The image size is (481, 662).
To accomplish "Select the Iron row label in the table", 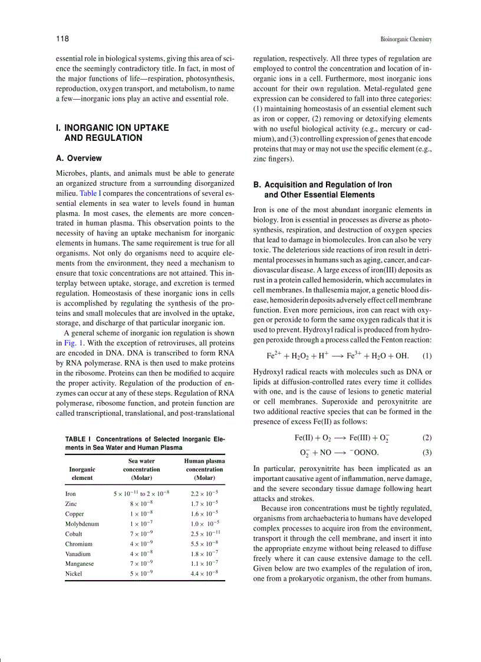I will point(70,493).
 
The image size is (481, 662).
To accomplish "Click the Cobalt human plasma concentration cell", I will point(205,533).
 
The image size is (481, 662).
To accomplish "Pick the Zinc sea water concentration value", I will point(141,503).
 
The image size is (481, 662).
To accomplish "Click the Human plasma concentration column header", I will point(205,469).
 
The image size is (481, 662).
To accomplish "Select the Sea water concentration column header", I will point(141,469).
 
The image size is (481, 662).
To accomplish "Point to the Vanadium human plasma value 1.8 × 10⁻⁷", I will point(205,554).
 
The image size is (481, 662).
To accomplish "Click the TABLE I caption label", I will point(76,439).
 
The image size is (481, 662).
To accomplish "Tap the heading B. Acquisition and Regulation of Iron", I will point(322,185).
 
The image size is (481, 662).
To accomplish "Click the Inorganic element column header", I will point(83,473).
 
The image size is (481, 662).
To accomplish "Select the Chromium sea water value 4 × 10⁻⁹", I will point(141,544).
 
